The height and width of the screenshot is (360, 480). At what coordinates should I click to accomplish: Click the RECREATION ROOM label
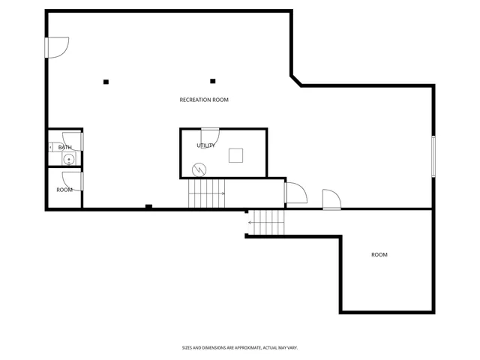pyautogui.click(x=204, y=100)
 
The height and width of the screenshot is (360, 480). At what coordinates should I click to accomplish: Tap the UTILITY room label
pyautogui.click(x=205, y=145)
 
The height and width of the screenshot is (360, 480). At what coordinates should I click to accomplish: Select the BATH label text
pyautogui.click(x=64, y=147)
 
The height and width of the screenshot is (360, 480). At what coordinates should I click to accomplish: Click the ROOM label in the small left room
pyautogui.click(x=64, y=190)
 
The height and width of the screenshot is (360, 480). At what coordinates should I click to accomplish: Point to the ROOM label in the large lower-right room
pyautogui.click(x=379, y=255)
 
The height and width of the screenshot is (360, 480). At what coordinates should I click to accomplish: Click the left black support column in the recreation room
pyautogui.click(x=106, y=81)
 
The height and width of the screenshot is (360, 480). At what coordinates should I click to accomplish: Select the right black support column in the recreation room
pyautogui.click(x=213, y=81)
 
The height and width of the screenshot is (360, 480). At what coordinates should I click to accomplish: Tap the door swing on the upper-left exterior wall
pyautogui.click(x=57, y=46)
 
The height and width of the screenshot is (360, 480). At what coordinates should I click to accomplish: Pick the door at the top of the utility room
pyautogui.click(x=209, y=137)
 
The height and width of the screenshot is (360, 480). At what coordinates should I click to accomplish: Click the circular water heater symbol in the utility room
pyautogui.click(x=199, y=169)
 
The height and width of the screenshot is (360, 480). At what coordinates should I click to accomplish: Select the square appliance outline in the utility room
pyautogui.click(x=236, y=154)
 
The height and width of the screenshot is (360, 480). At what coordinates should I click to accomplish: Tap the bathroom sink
pyautogui.click(x=69, y=159)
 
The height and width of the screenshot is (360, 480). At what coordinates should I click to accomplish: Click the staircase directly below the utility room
pyautogui.click(x=206, y=193)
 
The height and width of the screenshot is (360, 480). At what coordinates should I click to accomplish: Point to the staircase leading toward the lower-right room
pyautogui.click(x=268, y=223)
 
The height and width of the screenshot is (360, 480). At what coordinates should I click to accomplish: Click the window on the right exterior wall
pyautogui.click(x=433, y=156)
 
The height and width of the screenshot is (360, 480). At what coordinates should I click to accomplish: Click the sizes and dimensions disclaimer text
pyautogui.click(x=240, y=347)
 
